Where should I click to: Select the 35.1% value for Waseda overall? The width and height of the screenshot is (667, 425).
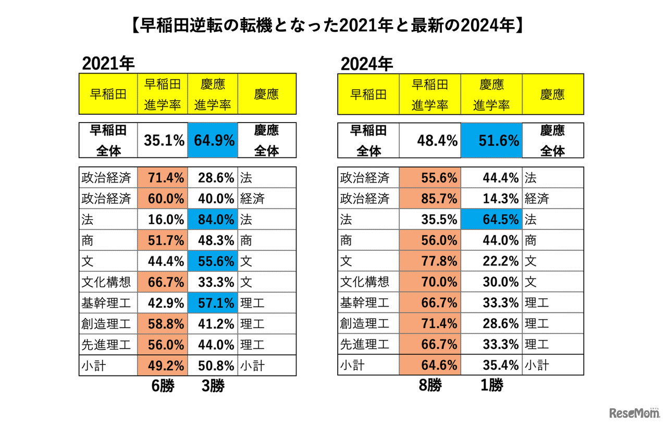(163, 140)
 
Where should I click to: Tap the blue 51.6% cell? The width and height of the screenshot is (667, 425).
(491, 140)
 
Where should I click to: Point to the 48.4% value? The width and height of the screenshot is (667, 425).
(430, 140)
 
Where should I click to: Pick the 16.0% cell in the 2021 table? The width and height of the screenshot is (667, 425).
(163, 220)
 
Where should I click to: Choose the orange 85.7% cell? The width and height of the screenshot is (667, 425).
(430, 199)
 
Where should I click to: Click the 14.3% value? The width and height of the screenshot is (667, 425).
(491, 199)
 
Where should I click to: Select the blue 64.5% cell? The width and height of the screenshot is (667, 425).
(491, 220)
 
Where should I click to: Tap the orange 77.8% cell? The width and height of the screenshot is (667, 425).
(430, 261)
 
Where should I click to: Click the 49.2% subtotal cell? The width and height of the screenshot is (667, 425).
(163, 366)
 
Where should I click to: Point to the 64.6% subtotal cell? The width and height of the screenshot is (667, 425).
(430, 366)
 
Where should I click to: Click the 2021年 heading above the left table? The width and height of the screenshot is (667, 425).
(108, 64)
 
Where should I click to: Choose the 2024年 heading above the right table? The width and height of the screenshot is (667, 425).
(367, 64)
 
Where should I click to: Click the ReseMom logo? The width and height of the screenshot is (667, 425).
(634, 413)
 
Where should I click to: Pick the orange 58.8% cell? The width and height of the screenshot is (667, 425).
(163, 324)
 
